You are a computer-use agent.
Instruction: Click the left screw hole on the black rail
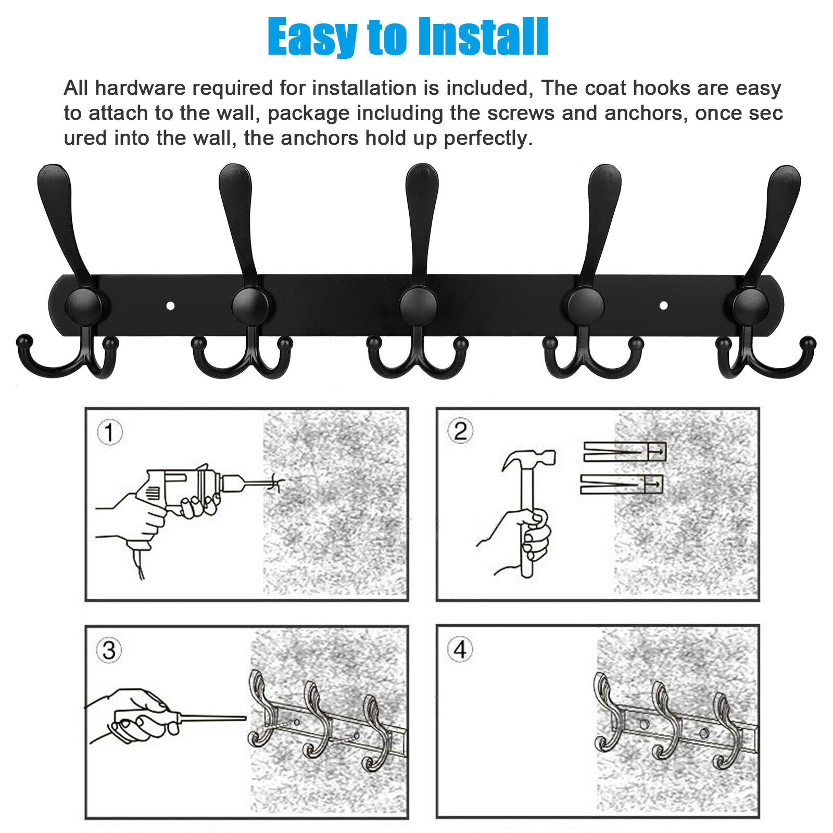pyautogui.click(x=170, y=306)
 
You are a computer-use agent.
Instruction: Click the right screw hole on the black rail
pyautogui.click(x=663, y=305)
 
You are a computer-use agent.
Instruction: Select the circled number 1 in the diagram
pyautogui.click(x=110, y=433)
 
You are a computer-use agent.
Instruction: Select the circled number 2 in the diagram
pyautogui.click(x=461, y=432)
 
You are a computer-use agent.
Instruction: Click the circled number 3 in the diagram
pyautogui.click(x=109, y=650)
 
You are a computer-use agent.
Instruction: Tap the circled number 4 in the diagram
pyautogui.click(x=461, y=649)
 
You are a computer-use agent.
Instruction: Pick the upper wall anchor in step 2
pyautogui.click(x=625, y=451)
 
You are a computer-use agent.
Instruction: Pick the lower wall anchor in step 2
pyautogui.click(x=622, y=484)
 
